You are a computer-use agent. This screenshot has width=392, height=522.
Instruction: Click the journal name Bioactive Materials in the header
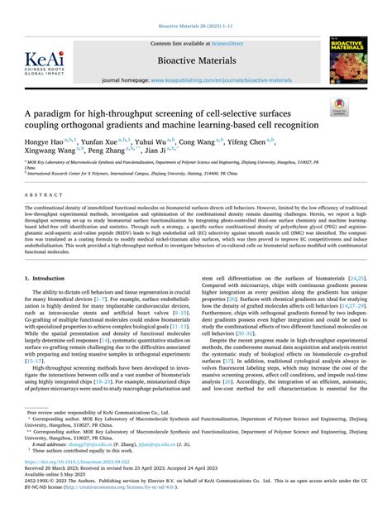195,61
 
